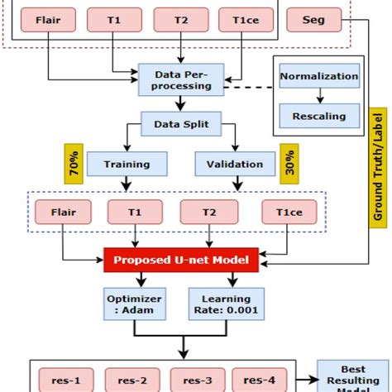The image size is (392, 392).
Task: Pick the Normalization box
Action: (x=318, y=77)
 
